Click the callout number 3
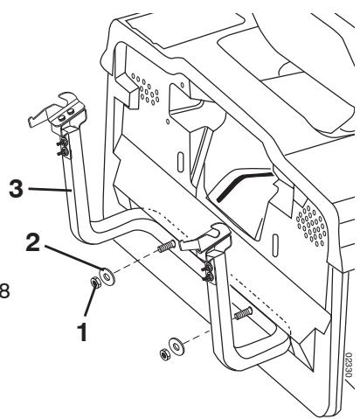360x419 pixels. [x=16, y=188]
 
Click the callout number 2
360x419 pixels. [x=33, y=242]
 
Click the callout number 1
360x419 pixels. [x=82, y=332]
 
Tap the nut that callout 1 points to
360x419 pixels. [x=95, y=282]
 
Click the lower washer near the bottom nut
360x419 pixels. [x=177, y=346]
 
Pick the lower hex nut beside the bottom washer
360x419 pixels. [x=165, y=353]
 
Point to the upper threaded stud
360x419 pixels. [x=167, y=246]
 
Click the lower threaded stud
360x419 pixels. [x=244, y=313]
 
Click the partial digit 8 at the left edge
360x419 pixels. [x=4, y=290]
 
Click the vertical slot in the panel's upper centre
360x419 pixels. [x=180, y=161]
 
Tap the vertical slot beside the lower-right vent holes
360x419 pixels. [x=274, y=245]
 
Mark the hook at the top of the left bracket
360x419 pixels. [x=67, y=99]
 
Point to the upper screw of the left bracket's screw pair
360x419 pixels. [x=63, y=143]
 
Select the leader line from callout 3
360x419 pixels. [x=50, y=189]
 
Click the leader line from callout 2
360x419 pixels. [x=74, y=257]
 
